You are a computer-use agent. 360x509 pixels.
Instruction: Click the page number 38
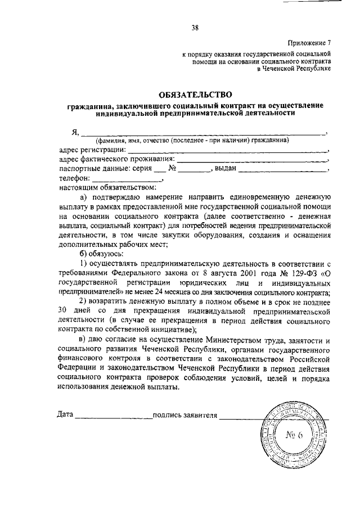(194, 26)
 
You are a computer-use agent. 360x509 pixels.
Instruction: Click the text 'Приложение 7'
(309, 42)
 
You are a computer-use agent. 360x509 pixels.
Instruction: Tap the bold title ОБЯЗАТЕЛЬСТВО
(195, 95)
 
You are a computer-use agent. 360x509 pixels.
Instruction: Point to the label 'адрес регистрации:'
(92, 149)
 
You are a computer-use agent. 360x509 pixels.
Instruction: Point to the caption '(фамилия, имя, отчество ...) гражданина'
(192, 140)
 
